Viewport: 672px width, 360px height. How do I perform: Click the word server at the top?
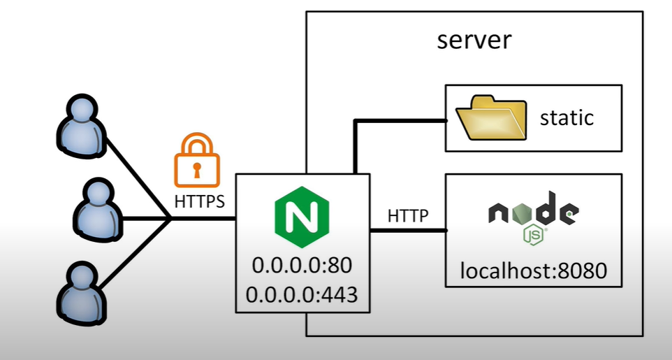[474, 39]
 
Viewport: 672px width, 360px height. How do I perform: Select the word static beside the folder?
[567, 117]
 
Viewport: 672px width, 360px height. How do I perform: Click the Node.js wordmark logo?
[533, 212]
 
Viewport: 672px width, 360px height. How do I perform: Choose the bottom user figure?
[82, 291]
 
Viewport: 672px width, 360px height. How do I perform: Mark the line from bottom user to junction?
[136, 256]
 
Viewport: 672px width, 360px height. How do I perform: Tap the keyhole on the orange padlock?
[197, 168]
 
